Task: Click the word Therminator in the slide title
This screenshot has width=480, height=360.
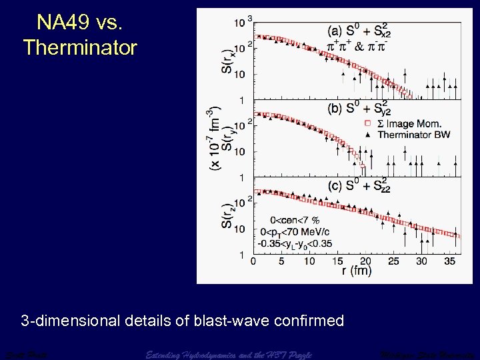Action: coord(80,47)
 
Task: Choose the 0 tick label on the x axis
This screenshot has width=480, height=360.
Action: coord(253,261)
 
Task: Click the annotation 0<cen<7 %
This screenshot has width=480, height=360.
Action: coord(295,219)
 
